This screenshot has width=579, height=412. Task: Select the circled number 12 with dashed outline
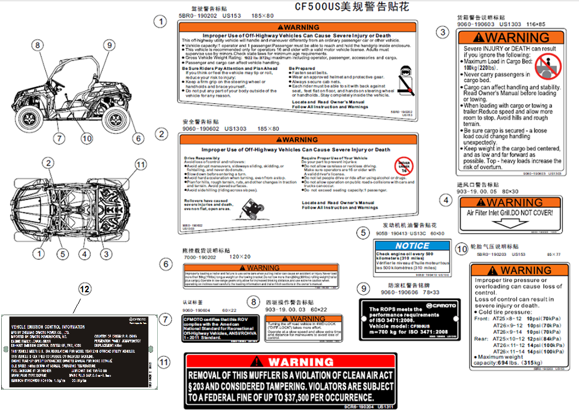[x=85, y=289]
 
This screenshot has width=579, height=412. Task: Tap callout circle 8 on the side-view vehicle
[x=38, y=45]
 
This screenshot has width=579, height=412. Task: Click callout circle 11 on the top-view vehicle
[x=140, y=165]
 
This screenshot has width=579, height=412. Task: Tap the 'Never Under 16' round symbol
[x=404, y=164]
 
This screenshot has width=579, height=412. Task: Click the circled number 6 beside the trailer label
[x=166, y=265]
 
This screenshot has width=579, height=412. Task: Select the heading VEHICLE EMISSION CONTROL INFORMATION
[x=48, y=326]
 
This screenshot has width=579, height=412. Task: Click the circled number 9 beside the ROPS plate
[x=364, y=288]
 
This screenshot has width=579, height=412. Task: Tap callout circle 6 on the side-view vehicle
[x=138, y=139]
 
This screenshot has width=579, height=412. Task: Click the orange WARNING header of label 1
[x=298, y=27]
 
